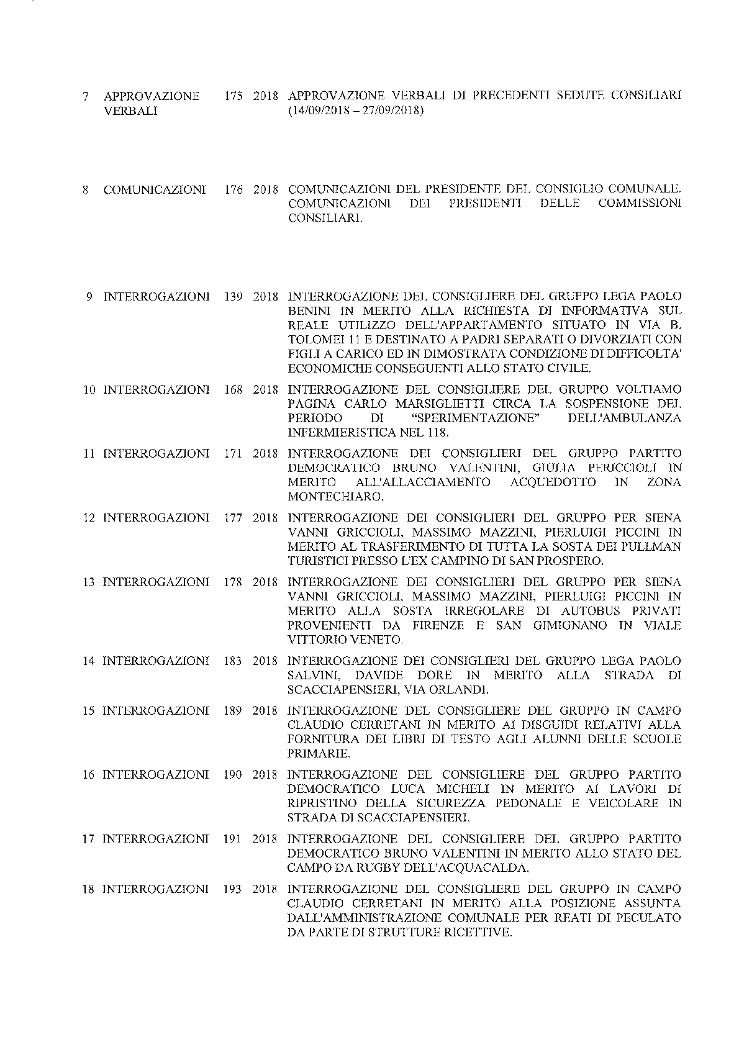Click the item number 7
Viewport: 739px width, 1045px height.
85,97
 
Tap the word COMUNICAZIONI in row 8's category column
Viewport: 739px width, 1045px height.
155,190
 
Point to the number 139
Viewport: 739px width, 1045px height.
233,297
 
